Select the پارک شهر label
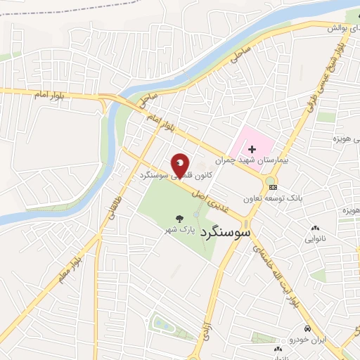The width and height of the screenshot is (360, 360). pos(179,229)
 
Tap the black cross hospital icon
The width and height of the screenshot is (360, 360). pos(251,148)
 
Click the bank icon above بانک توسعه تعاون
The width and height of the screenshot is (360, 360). pos(273,187)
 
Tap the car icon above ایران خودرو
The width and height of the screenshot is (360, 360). pos(307,329)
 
